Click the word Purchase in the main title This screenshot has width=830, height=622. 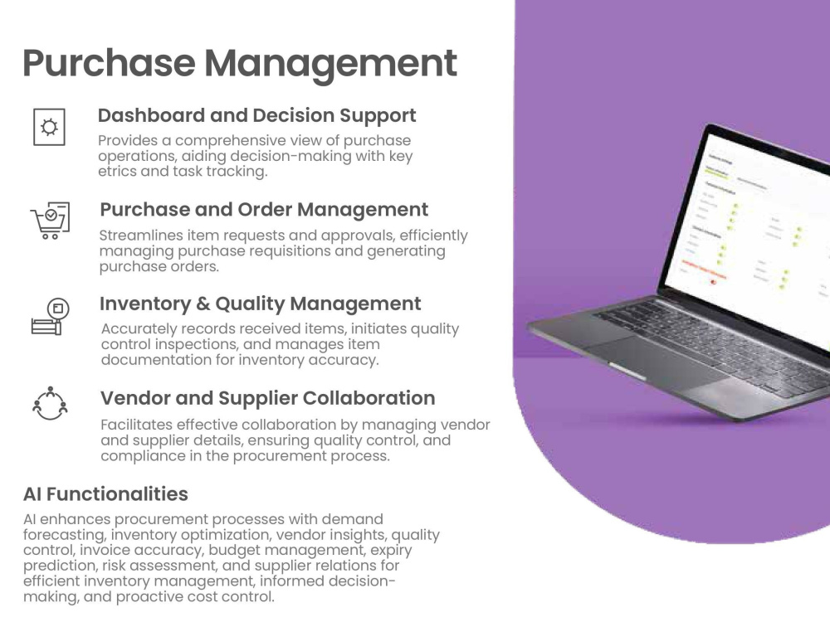click(x=107, y=63)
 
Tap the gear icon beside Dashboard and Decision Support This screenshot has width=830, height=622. click(x=49, y=127)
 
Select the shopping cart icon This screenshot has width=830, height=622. click(x=50, y=221)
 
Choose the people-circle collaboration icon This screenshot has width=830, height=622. click(x=50, y=403)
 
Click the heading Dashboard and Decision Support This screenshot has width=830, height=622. click(x=256, y=115)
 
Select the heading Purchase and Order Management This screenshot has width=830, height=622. click(x=264, y=209)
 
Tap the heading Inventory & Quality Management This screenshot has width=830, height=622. click(x=260, y=304)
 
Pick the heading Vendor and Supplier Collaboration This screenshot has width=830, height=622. click(x=267, y=398)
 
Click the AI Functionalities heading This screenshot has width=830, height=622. click(x=105, y=494)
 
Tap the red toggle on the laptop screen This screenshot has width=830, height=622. click(x=713, y=281)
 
